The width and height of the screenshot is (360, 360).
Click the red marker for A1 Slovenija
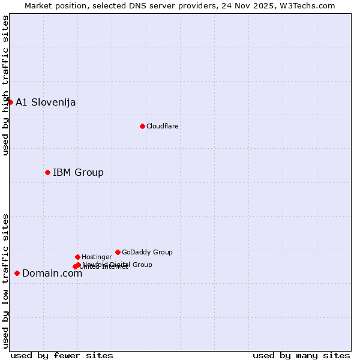point(10,102)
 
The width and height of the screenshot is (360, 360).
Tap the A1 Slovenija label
point(46,102)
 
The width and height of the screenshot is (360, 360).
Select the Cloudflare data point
point(142,126)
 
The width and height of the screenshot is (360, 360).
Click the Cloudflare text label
point(163,126)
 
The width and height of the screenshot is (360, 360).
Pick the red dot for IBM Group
point(47,172)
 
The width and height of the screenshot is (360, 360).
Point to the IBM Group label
point(78,173)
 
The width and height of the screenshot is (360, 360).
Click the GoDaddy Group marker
point(118,252)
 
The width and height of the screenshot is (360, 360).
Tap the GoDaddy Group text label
point(147,252)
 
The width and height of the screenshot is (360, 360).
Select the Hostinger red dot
point(77,257)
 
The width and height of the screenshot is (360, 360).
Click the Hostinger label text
point(97,257)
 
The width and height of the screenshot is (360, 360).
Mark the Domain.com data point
point(17,273)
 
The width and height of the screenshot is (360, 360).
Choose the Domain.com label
point(52,274)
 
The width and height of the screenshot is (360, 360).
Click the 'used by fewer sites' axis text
point(62,355)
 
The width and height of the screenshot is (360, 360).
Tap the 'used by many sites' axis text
point(301,355)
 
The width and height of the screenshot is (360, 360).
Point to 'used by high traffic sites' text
point(5,85)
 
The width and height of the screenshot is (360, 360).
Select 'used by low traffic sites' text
point(5,281)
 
